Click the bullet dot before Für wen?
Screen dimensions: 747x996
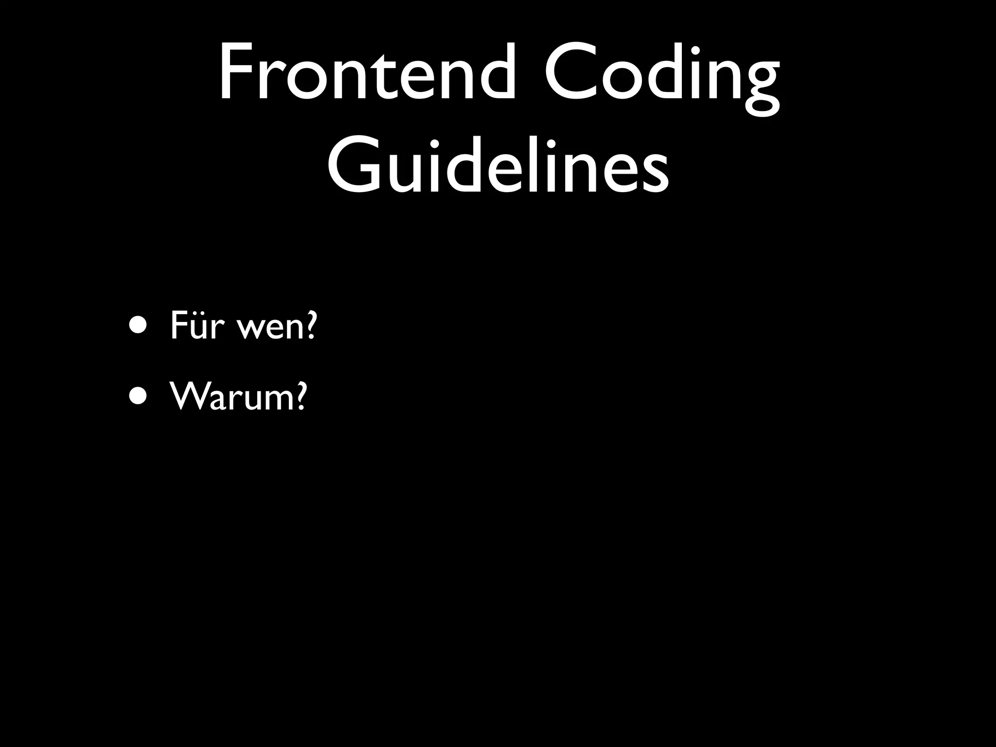[137, 325]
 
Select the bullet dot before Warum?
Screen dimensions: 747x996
[137, 395]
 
